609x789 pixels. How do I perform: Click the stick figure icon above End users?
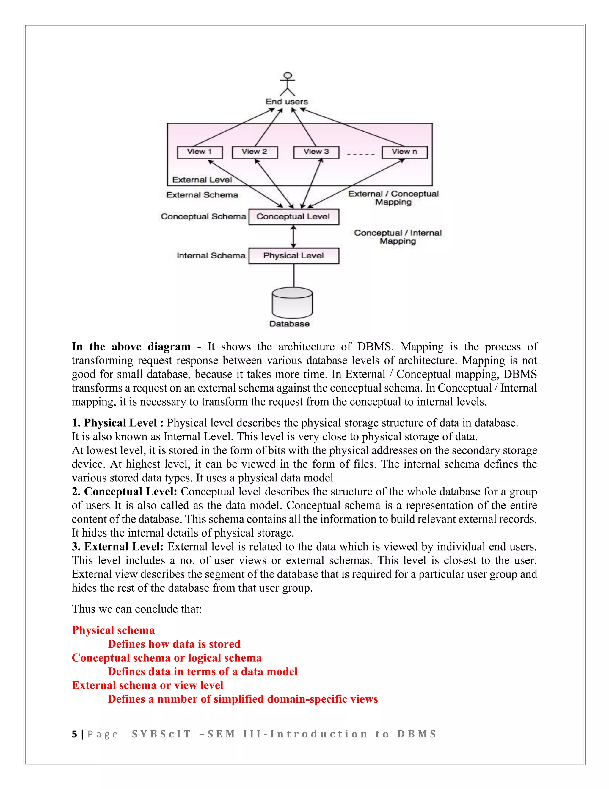pos(287,84)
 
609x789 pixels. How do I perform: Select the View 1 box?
pos(200,152)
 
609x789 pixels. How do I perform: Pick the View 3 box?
pos(316,152)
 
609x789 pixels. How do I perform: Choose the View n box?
pos(404,152)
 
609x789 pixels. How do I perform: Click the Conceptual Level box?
pos(294,217)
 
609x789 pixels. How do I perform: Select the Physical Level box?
pos(294,256)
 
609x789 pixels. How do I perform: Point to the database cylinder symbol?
pos(292,303)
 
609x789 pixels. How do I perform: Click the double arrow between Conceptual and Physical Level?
pos(294,237)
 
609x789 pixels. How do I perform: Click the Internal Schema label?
pos(211,256)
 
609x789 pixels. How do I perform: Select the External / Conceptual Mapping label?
pos(393,198)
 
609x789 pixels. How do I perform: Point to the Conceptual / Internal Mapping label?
pos(398,237)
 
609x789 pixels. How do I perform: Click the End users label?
pos(287,102)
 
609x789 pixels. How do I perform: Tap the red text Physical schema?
pos(113,630)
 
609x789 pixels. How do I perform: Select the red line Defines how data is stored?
pos(174,644)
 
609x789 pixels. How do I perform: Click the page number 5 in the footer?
pos(74,734)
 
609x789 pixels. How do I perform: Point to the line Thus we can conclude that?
pos(137,609)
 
